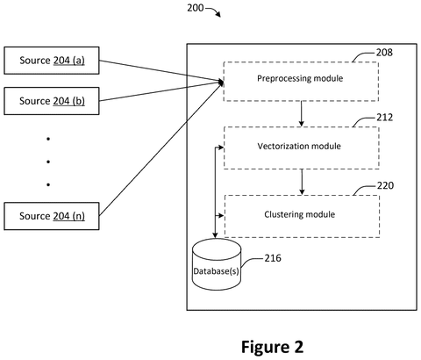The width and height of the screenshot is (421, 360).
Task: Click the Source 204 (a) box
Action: pyautogui.click(x=52, y=61)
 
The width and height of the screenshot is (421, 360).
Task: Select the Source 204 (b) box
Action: pyautogui.click(x=52, y=101)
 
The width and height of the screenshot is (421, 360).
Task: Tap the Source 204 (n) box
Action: pyautogui.click(x=52, y=216)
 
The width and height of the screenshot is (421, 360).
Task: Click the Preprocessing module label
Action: pyautogui.click(x=300, y=78)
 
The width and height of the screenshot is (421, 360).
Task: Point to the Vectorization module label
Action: pyautogui.click(x=299, y=146)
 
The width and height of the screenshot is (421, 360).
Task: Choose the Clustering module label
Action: pyautogui.click(x=300, y=214)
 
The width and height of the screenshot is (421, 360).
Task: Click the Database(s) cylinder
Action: pyautogui.click(x=217, y=264)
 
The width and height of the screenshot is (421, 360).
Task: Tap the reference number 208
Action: pyautogui.click(x=384, y=53)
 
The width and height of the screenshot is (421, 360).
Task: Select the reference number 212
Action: pyautogui.click(x=384, y=118)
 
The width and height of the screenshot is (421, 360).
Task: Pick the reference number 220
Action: pyautogui.click(x=385, y=185)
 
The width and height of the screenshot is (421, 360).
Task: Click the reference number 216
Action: pyautogui.click(x=273, y=258)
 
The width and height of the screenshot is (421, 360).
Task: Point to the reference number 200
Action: pyautogui.click(x=196, y=8)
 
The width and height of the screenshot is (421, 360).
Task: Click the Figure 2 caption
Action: pyautogui.click(x=272, y=347)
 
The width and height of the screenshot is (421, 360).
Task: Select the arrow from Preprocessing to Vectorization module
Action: pyautogui.click(x=301, y=114)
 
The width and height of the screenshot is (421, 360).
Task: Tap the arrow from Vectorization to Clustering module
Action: pyautogui.click(x=302, y=182)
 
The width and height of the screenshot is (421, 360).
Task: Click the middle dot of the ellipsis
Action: pyautogui.click(x=48, y=162)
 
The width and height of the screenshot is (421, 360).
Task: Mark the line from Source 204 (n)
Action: pyautogui.click(x=161, y=148)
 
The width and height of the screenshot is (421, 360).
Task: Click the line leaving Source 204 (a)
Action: pyautogui.click(x=161, y=70)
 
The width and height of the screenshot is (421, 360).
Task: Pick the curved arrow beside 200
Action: pyautogui.click(x=213, y=11)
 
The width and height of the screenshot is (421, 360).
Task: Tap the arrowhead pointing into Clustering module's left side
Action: pyautogui.click(x=221, y=216)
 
